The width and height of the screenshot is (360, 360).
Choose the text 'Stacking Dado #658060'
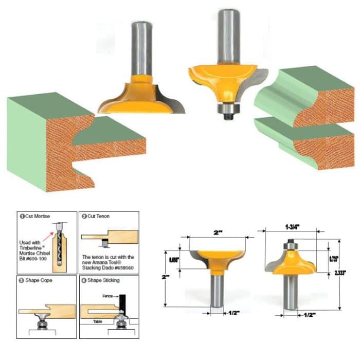pos(108,267)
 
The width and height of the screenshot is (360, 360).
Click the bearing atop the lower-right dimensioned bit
pos(291,243)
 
